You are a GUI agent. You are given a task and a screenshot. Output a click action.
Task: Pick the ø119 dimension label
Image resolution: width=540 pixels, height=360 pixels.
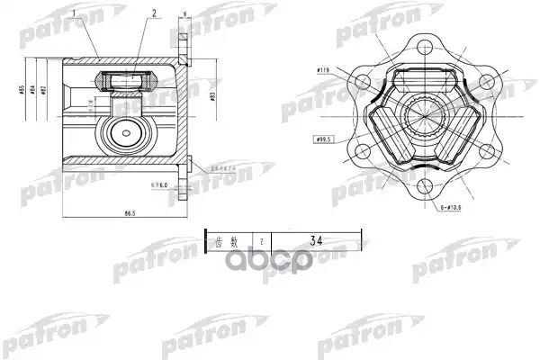click(x=325, y=69)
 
